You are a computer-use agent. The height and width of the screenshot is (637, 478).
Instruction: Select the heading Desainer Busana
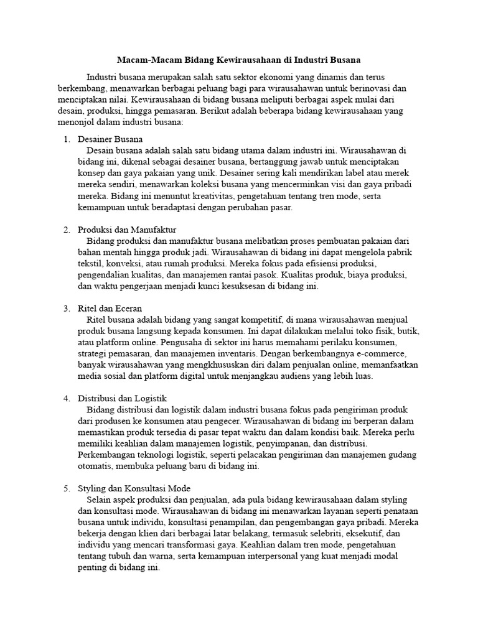pos(110,139)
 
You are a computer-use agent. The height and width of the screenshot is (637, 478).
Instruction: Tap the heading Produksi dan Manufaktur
pos(127,230)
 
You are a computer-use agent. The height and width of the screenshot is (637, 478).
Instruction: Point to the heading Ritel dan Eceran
pos(110,309)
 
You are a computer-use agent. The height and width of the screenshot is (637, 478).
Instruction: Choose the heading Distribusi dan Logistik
pos(122,398)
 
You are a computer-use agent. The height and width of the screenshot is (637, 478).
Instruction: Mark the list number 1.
pos(67,139)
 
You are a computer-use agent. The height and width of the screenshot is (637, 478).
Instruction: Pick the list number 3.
pos(67,309)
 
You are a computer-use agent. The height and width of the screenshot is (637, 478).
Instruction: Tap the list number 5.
pos(67,488)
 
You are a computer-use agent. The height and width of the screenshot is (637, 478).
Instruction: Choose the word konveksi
pos(123,264)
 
